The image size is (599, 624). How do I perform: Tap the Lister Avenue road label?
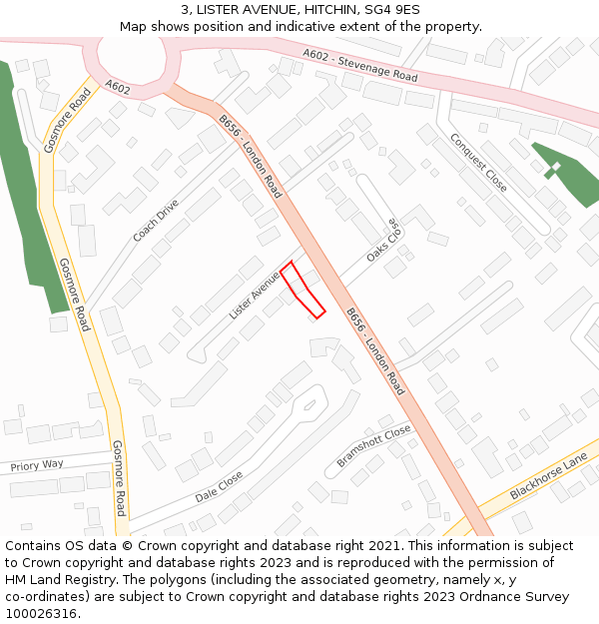(x=254, y=297)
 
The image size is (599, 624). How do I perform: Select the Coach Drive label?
(x=156, y=221)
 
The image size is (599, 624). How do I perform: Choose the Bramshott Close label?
(x=374, y=445)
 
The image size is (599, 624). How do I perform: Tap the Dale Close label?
(x=219, y=486)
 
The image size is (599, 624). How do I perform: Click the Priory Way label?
(x=37, y=465)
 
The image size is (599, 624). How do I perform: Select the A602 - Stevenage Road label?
(x=359, y=62)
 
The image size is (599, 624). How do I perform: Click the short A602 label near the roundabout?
(x=117, y=88)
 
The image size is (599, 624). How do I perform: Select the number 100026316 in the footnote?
(x=40, y=614)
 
